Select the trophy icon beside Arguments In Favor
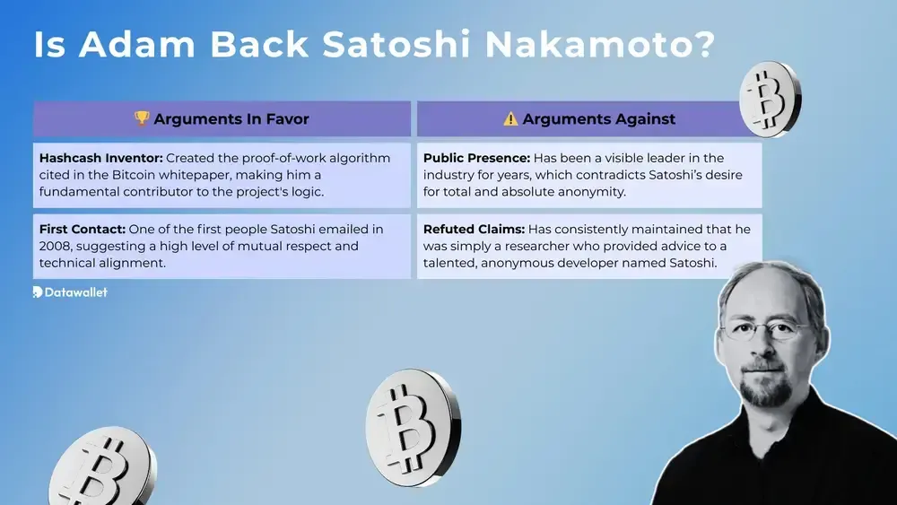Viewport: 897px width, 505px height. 142,118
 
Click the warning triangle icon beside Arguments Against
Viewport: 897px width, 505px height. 510,118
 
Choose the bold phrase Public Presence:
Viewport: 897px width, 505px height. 476,158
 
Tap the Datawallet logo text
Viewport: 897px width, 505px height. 75,292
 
